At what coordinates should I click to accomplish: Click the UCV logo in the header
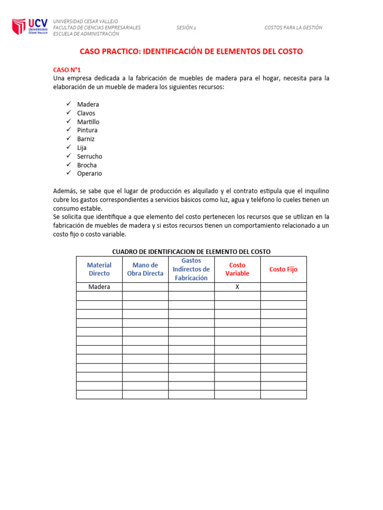click(30, 27)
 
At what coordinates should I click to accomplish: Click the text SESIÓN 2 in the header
click(186, 28)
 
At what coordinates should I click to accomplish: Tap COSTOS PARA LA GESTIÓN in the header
click(293, 28)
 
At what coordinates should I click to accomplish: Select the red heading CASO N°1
click(67, 70)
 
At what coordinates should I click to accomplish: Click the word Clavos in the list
click(86, 113)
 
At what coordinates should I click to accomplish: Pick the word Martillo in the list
click(88, 122)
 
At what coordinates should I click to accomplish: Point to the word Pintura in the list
click(87, 130)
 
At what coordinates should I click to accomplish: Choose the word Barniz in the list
click(86, 139)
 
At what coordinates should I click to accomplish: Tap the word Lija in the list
click(82, 148)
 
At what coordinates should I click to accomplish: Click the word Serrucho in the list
click(90, 156)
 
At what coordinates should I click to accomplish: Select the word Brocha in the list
click(87, 165)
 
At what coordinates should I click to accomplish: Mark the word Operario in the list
click(89, 174)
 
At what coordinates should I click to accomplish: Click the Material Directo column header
click(99, 269)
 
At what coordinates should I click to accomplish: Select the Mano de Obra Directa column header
click(145, 269)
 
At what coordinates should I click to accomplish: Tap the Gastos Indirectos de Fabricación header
click(191, 269)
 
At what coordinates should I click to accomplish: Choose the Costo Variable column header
click(237, 269)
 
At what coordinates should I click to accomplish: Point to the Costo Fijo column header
click(283, 269)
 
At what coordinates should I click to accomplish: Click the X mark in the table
click(237, 287)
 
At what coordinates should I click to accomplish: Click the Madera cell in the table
click(99, 287)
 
